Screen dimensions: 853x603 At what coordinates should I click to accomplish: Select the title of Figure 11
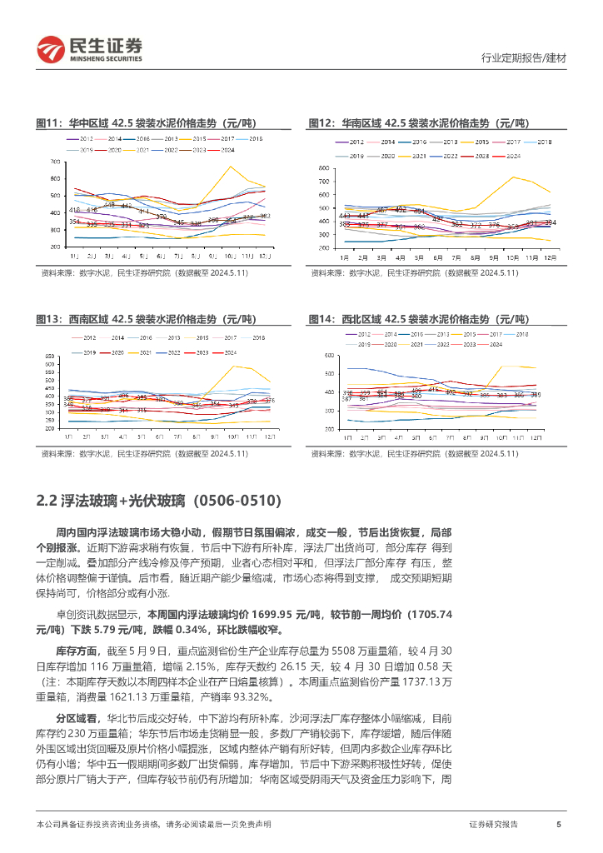click(x=152, y=122)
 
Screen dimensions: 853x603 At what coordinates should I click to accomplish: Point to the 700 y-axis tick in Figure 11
click(x=54, y=162)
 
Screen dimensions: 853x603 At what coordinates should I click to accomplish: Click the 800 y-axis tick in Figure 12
click(x=325, y=169)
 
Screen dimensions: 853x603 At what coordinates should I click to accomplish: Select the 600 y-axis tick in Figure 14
click(x=329, y=356)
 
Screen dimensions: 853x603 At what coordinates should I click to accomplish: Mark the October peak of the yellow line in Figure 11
click(x=230, y=167)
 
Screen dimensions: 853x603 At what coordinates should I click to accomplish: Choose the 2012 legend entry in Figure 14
click(x=360, y=333)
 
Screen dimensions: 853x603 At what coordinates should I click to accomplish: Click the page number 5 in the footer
click(x=558, y=825)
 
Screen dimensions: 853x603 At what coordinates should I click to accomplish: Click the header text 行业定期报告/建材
click(x=524, y=58)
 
